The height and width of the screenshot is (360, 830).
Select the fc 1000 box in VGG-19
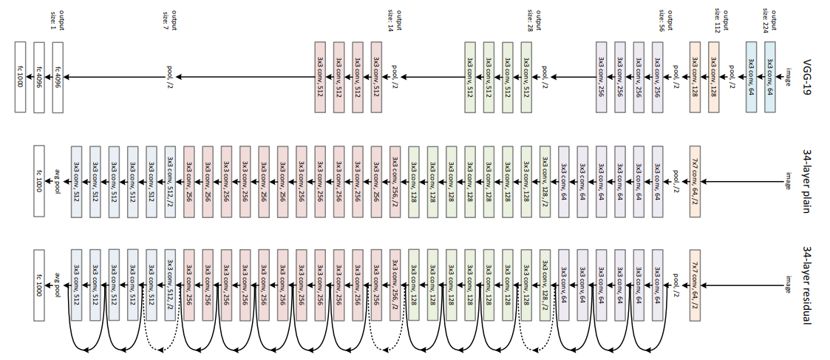tap(20, 77)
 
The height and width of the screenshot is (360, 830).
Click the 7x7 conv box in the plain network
tap(695, 179)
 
